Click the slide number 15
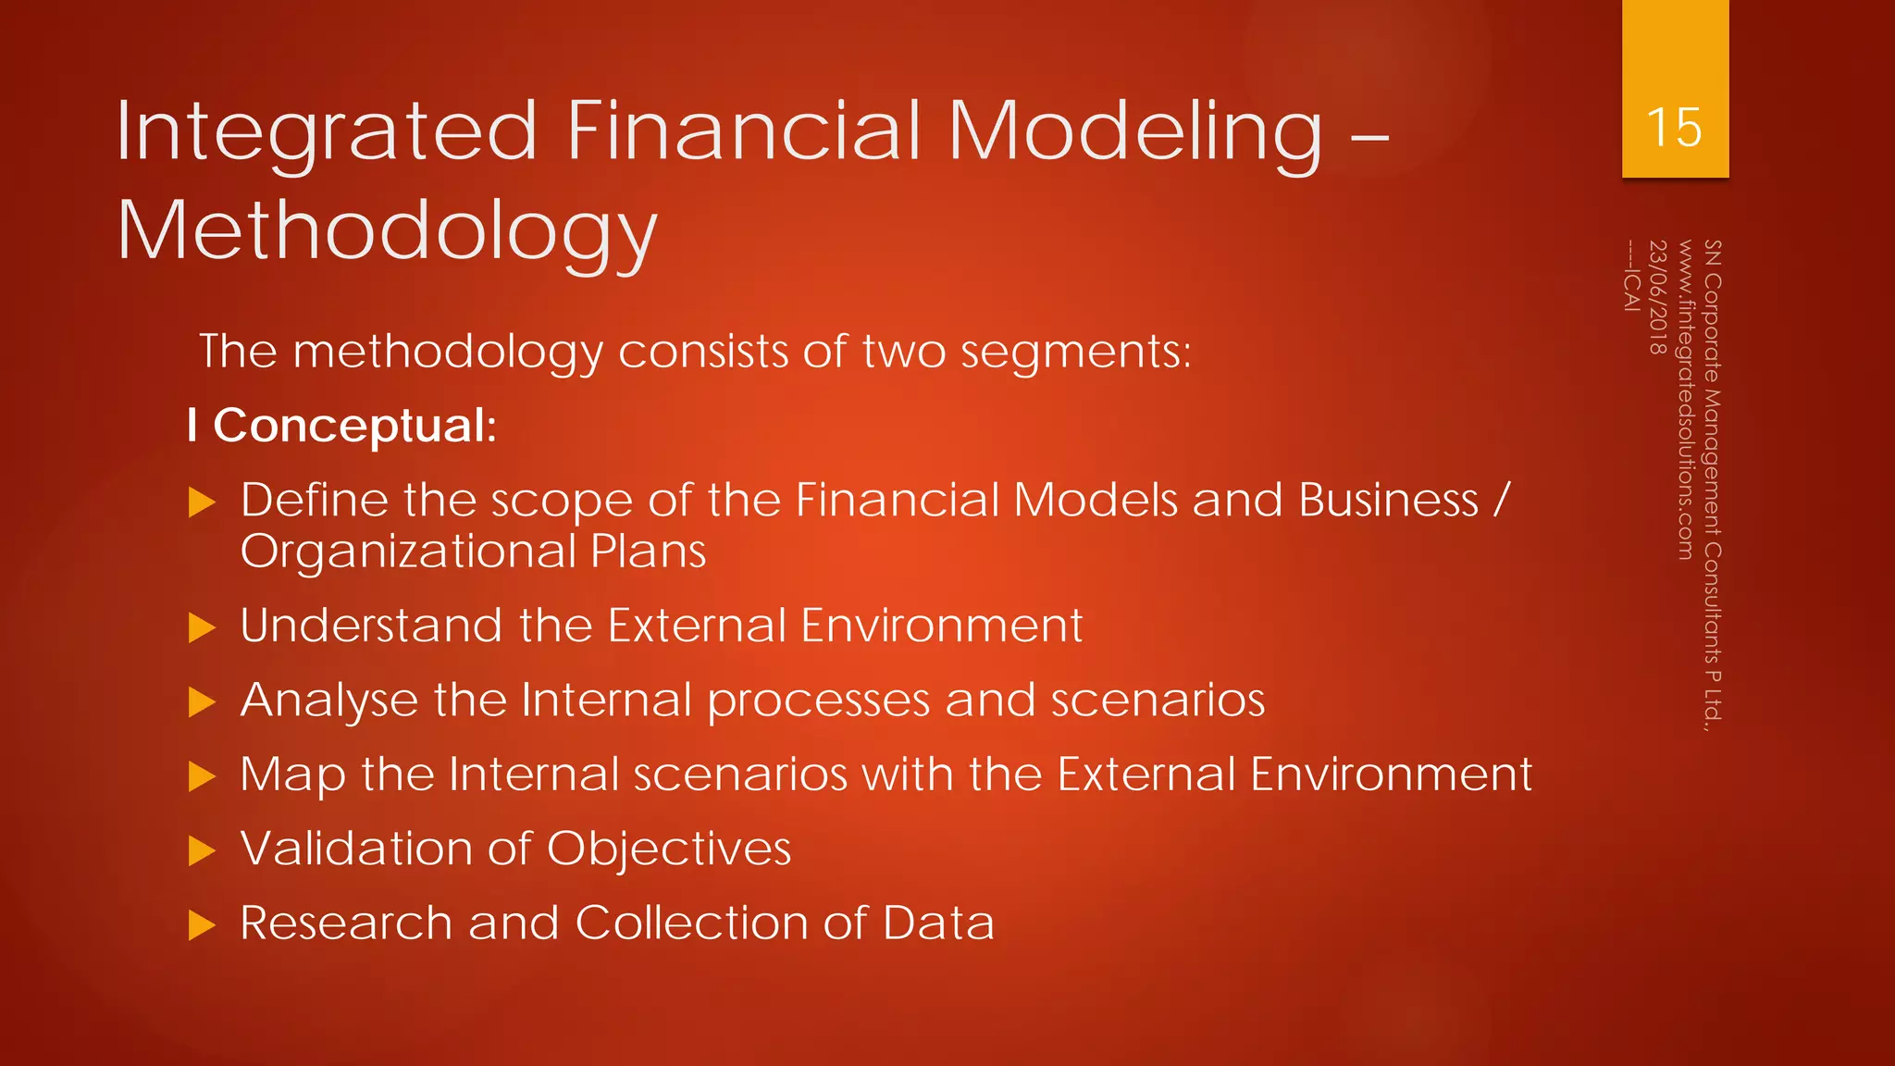tap(1674, 127)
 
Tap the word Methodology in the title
tap(387, 231)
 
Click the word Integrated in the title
tap(327, 132)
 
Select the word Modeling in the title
tap(1135, 132)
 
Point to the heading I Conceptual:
tap(341, 426)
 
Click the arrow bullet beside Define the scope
tap(202, 502)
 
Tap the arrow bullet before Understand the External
tap(202, 627)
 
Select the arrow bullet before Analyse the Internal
tap(202, 702)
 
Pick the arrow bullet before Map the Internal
tap(202, 776)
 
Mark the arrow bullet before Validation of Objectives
tap(202, 850)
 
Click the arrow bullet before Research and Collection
tap(202, 924)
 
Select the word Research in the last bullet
tap(346, 923)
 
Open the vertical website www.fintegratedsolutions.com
tap(1685, 400)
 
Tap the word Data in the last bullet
tap(938, 923)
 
